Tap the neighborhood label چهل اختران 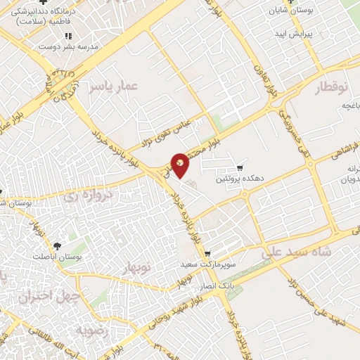[x=41, y=297]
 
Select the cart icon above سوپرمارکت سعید [x=207, y=254]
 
